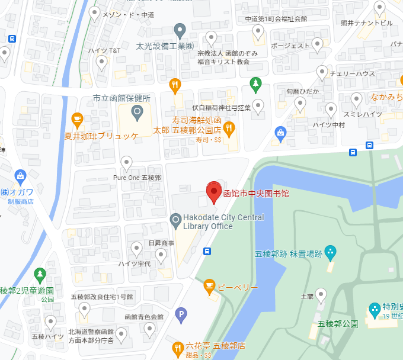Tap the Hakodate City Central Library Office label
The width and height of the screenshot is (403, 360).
(x=216, y=221)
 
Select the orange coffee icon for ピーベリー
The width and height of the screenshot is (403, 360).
(x=209, y=287)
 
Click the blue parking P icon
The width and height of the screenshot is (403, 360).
(x=182, y=314)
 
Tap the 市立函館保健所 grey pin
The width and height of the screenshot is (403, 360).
(x=137, y=111)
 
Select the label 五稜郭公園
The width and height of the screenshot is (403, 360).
(x=338, y=324)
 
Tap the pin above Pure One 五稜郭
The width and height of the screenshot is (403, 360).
(x=126, y=162)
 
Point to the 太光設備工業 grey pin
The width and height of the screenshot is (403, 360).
(x=180, y=30)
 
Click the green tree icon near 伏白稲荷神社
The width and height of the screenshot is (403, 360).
(x=255, y=84)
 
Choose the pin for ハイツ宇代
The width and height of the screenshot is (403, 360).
(x=136, y=249)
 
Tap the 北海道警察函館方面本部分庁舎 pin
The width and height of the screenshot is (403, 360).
(x=121, y=335)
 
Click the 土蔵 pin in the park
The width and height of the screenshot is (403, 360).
(x=321, y=294)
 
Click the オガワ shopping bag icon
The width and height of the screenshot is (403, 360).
(x=21, y=176)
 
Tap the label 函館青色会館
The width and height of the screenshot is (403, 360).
(x=143, y=317)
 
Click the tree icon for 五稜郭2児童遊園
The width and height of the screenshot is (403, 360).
(x=40, y=275)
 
